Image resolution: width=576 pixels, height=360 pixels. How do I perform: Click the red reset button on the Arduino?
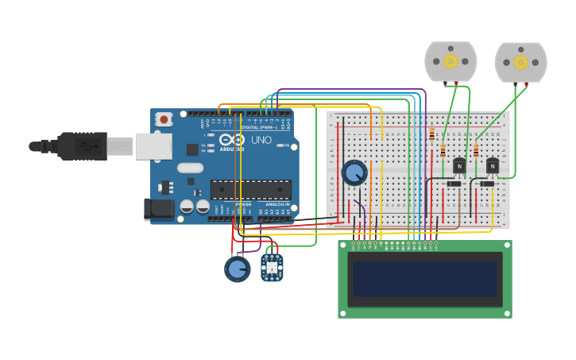click(x=164, y=119)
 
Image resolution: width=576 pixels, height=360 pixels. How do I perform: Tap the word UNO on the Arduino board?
click(x=261, y=140)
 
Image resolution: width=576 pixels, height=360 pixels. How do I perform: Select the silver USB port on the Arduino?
click(x=153, y=145)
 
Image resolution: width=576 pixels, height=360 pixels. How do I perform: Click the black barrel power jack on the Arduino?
click(x=158, y=209)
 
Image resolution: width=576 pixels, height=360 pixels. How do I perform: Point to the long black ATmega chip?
click(x=250, y=190)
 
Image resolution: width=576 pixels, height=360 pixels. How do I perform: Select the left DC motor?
click(x=450, y=62)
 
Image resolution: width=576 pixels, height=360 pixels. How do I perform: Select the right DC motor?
click(x=520, y=62)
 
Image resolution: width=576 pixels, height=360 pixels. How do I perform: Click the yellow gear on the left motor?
click(x=450, y=61)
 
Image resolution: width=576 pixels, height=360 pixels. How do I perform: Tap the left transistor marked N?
click(x=458, y=165)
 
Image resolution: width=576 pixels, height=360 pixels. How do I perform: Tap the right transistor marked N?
click(x=493, y=165)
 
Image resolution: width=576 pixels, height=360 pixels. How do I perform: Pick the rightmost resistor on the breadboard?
click(x=476, y=150)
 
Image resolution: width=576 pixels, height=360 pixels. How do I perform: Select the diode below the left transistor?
click(x=454, y=184)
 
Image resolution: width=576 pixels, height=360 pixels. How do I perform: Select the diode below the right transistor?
click(x=487, y=184)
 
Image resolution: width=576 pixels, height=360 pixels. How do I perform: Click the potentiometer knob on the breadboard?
click(x=354, y=172)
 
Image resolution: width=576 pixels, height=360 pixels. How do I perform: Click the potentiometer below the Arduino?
click(x=237, y=269)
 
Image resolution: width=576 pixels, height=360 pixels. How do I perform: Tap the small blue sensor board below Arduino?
click(x=272, y=266)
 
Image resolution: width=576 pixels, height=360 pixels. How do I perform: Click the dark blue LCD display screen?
click(x=425, y=279)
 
